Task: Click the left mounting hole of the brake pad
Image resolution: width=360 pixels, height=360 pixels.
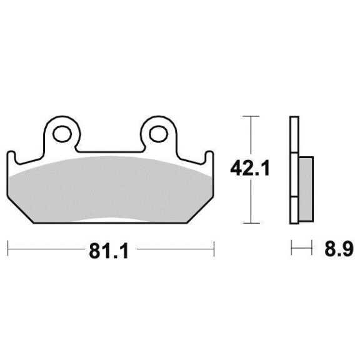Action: pyautogui.click(x=62, y=134)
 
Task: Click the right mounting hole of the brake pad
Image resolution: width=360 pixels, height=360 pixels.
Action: pyautogui.click(x=158, y=134)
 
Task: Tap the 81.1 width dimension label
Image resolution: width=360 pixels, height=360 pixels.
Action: pyautogui.click(x=109, y=251)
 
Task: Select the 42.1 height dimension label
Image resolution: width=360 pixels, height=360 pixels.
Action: pyautogui.click(x=249, y=168)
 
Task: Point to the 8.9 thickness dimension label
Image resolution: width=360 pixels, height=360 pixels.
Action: pyautogui.click(x=338, y=249)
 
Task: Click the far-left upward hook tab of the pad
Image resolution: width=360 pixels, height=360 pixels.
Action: pyautogui.click(x=11, y=157)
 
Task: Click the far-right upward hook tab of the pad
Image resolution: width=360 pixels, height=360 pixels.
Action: pyautogui.click(x=209, y=157)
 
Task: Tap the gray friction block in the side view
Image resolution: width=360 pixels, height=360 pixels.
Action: pyautogui.click(x=306, y=189)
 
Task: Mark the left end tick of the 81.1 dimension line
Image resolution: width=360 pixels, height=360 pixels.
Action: pyautogui.click(x=8, y=248)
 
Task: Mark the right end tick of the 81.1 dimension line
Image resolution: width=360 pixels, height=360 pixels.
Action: pyautogui.click(x=214, y=248)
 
